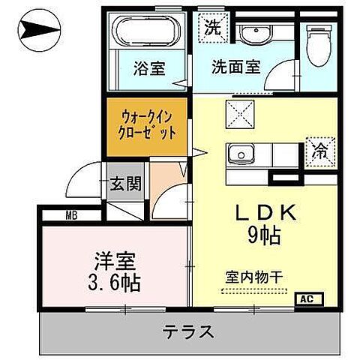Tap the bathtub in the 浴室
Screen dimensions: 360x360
148,33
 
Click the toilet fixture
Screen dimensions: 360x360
321,41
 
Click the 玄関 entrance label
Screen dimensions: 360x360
124,184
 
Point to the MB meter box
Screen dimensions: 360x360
70,217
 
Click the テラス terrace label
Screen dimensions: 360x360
187,331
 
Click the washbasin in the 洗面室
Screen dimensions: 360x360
259,34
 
